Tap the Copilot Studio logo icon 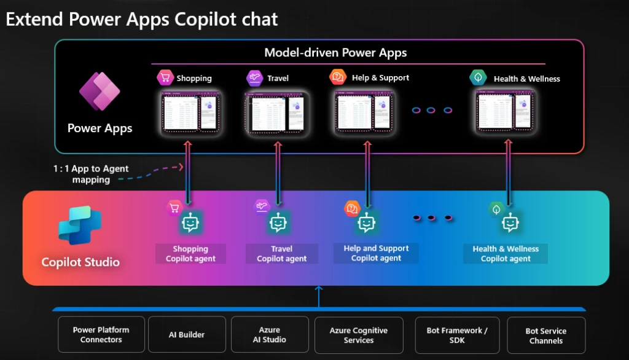(80, 225)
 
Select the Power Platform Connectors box (101, 335)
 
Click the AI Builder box (187, 335)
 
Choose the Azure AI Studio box (270, 335)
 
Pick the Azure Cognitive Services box (359, 335)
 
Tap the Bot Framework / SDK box (457, 335)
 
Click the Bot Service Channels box (546, 335)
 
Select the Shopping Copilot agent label (190, 254)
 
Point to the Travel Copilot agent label (282, 254)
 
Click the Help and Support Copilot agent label (376, 253)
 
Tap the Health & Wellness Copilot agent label (506, 254)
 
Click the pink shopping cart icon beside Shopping (165, 77)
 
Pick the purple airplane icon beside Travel (254, 78)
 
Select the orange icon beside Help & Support (338, 77)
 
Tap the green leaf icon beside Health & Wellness (478, 77)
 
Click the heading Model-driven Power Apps (335, 53)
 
